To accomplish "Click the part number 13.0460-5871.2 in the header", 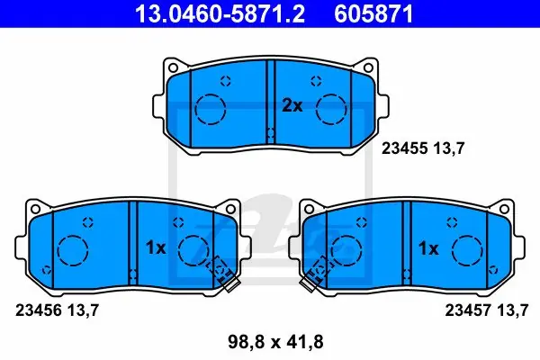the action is (220, 13).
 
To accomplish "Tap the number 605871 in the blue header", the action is (373, 13).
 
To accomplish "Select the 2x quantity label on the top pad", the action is (292, 106).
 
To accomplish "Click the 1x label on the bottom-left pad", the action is (156, 247).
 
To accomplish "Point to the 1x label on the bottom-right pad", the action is (428, 248).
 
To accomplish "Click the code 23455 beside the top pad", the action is (404, 148).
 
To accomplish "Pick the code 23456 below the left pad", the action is (39, 310).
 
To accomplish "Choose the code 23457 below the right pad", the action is (468, 310).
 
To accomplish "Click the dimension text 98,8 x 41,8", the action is (275, 342).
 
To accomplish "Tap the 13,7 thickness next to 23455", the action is (449, 148).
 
